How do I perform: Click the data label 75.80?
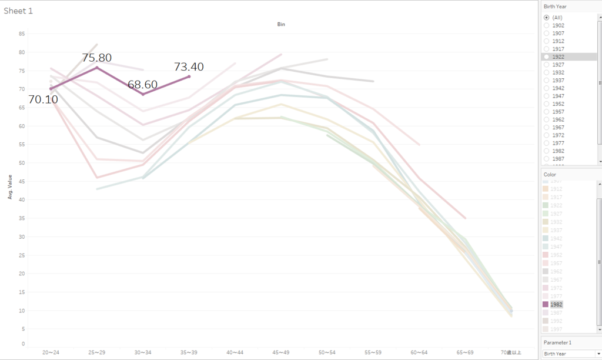[x=97, y=58]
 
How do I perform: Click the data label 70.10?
[x=43, y=99]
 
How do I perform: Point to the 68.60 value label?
[x=143, y=84]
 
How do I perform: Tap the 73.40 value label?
[x=189, y=66]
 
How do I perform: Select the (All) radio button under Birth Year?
[x=547, y=18]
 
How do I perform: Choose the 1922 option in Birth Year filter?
[x=547, y=57]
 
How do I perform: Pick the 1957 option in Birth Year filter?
[x=547, y=112]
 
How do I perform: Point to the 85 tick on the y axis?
[x=22, y=34]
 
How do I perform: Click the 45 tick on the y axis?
[x=22, y=181]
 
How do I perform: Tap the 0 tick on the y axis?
[x=24, y=344]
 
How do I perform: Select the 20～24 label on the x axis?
[x=51, y=353]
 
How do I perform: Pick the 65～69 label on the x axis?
[x=465, y=353]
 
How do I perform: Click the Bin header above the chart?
[x=282, y=24]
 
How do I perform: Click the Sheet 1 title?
[x=18, y=11]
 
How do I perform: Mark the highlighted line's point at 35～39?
[x=189, y=76]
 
